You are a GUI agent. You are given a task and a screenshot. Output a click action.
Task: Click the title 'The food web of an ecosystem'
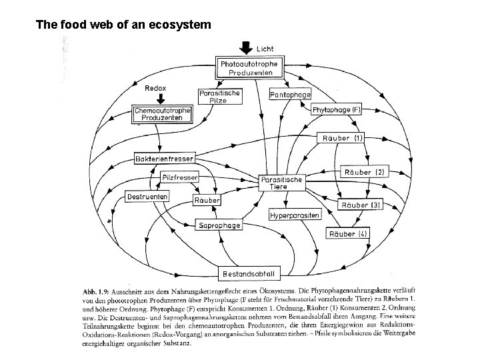coord(123,25)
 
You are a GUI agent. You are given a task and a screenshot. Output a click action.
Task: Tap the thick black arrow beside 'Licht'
coord(245,47)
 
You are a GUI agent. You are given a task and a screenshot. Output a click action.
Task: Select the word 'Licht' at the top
coord(265,49)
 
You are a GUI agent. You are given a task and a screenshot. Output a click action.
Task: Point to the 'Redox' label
coord(156,88)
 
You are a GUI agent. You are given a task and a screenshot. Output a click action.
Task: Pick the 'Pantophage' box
coord(290,95)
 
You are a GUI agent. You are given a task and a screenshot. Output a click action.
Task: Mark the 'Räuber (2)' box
coord(363,172)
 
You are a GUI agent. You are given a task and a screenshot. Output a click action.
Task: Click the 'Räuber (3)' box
coord(360,205)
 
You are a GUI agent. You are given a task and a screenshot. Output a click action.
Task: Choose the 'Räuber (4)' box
coord(347,233)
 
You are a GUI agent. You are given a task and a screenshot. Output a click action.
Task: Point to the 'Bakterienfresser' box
coord(164,159)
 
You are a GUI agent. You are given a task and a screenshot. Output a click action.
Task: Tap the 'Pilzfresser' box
coord(179,177)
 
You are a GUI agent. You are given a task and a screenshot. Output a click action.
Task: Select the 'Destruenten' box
coord(147,197)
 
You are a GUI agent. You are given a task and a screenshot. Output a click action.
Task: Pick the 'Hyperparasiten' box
coord(294,216)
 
